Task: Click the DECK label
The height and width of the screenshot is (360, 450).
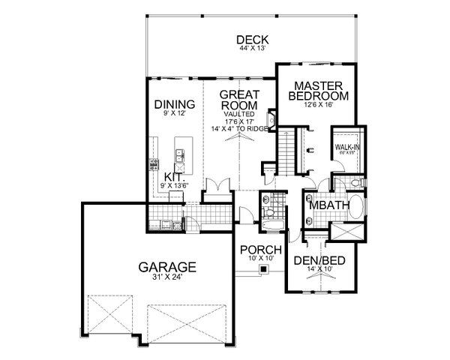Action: coord(252,40)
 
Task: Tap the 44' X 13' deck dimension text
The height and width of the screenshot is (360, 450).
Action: coord(252,49)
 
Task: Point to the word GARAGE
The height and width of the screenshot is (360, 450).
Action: coord(166,266)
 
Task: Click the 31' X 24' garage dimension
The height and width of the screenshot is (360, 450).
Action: coord(166,277)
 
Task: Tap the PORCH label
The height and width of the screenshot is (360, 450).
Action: coord(260,250)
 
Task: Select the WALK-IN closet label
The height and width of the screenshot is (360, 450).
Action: coord(346,147)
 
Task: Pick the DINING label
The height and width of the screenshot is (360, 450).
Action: coord(175,104)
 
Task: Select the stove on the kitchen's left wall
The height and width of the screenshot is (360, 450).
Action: coord(154,163)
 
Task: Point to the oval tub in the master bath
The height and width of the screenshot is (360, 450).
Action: coord(355,208)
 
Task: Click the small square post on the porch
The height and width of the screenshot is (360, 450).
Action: coord(262,268)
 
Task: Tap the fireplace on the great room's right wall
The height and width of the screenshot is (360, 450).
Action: coord(272,119)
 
